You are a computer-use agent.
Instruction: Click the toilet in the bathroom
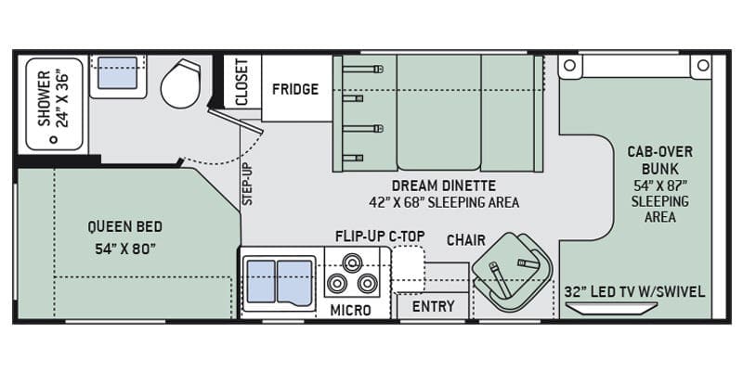click(x=180, y=83)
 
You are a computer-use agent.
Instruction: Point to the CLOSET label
click(x=242, y=83)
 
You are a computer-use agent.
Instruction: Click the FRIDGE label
click(x=295, y=90)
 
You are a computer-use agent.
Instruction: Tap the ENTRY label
click(x=433, y=306)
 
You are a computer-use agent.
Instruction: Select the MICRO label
click(x=351, y=309)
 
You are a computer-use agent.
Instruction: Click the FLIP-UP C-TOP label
click(x=380, y=236)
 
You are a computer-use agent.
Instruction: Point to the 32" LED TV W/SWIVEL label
click(x=634, y=291)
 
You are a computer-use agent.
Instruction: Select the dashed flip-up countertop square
click(x=408, y=270)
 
